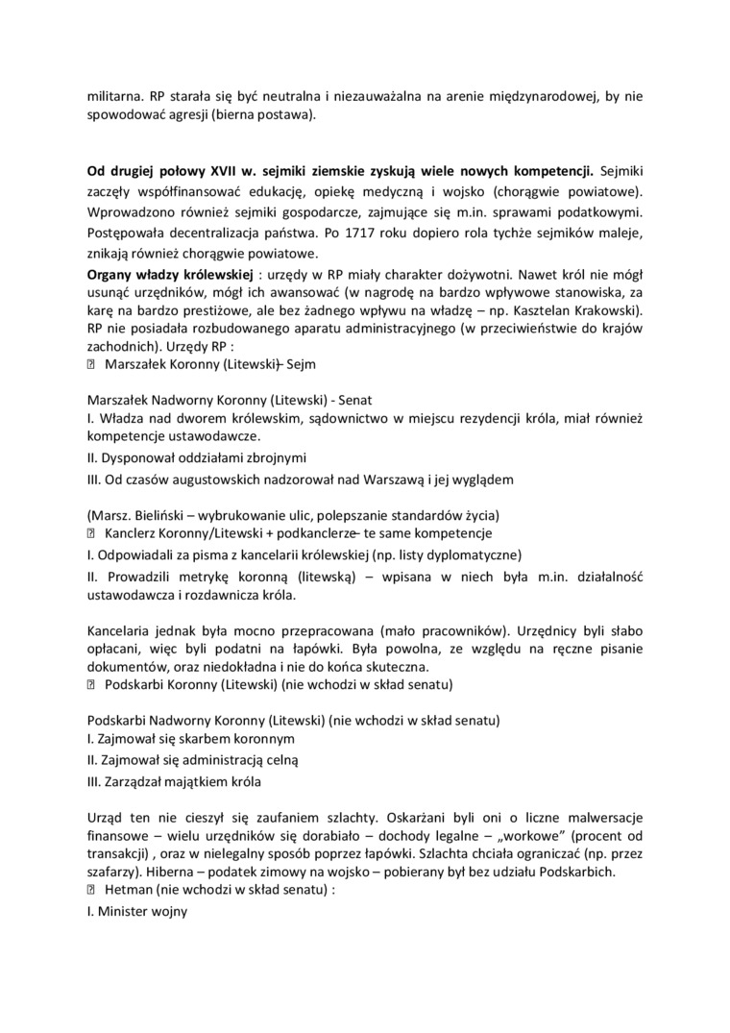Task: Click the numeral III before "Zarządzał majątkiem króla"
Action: (x=94, y=781)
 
